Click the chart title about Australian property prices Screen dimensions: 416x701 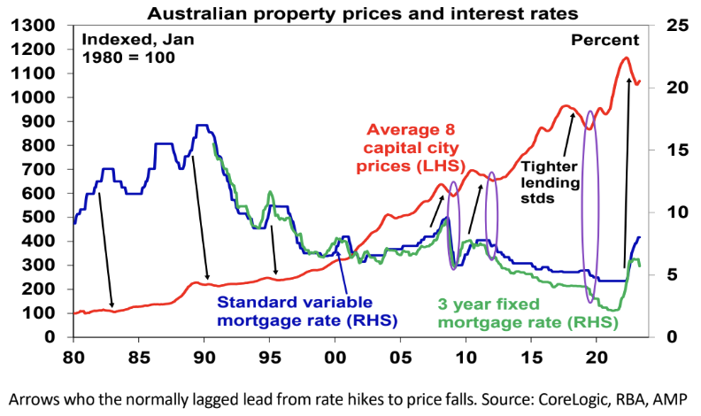click(x=350, y=12)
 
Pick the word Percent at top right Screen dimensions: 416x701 click(x=605, y=40)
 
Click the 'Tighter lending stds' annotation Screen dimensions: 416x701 click(x=550, y=182)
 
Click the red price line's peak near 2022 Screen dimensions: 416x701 click(x=626, y=58)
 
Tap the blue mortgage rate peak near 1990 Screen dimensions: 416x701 click(x=201, y=126)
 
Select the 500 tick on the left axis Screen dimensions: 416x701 click(x=41, y=217)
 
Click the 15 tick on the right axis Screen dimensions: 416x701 click(x=666, y=150)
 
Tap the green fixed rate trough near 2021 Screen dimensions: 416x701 click(x=613, y=309)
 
